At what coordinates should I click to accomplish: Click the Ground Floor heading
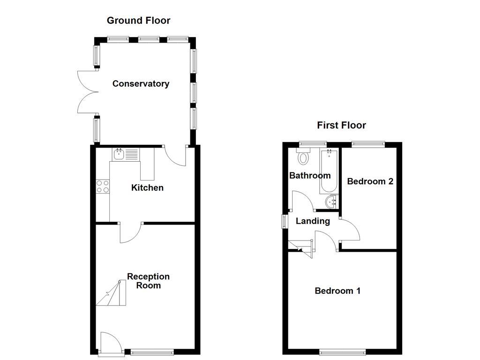click(x=138, y=21)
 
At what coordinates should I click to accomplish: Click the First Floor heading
click(x=341, y=125)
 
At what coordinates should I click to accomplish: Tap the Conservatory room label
click(x=141, y=83)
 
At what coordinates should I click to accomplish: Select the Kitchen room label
click(x=147, y=187)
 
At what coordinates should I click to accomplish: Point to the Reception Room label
click(x=148, y=281)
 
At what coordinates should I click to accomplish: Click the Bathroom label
click(x=310, y=175)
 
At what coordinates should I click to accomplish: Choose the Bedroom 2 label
click(x=370, y=181)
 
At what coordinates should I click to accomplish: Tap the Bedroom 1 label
click(x=337, y=291)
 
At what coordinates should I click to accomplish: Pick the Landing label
click(x=313, y=221)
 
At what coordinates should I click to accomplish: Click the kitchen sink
click(x=126, y=154)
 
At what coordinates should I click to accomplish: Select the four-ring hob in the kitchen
click(x=103, y=187)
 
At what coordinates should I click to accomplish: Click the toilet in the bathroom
click(x=303, y=157)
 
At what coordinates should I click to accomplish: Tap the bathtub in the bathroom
click(x=329, y=172)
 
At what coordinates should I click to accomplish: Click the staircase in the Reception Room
click(x=111, y=293)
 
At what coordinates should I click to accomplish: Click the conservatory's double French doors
click(x=88, y=92)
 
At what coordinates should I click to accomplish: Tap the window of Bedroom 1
click(x=342, y=352)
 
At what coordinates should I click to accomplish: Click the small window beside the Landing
click(x=285, y=221)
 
